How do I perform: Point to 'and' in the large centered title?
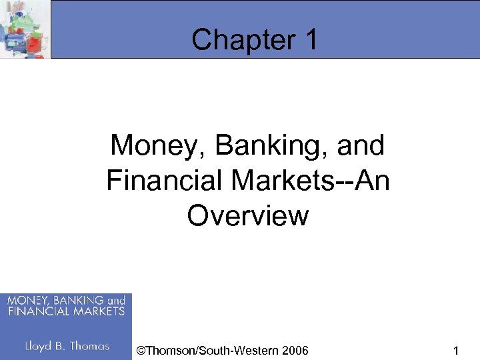coord(361,145)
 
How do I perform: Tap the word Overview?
coord(248,216)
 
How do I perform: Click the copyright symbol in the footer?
coord(139,349)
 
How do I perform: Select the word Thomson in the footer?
coord(167,349)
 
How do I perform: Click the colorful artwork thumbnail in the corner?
coord(25,29)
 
